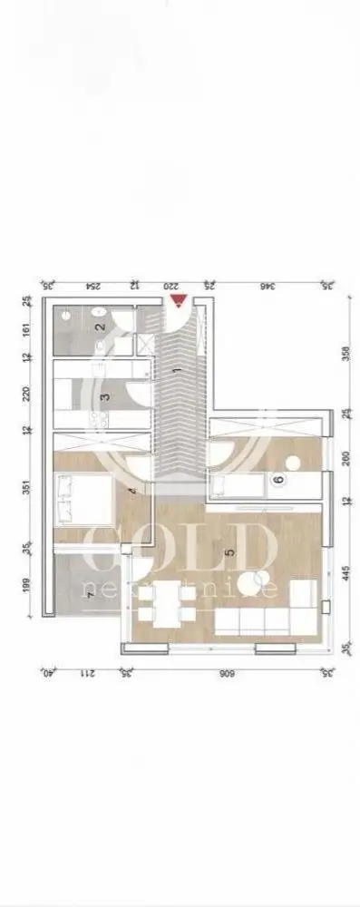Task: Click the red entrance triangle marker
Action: (x=179, y=300)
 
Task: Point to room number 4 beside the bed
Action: (x=132, y=493)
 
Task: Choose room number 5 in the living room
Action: (x=230, y=550)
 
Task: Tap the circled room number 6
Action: (x=278, y=480)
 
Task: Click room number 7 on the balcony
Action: (x=89, y=580)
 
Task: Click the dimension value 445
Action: (x=345, y=574)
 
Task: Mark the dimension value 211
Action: (x=85, y=674)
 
